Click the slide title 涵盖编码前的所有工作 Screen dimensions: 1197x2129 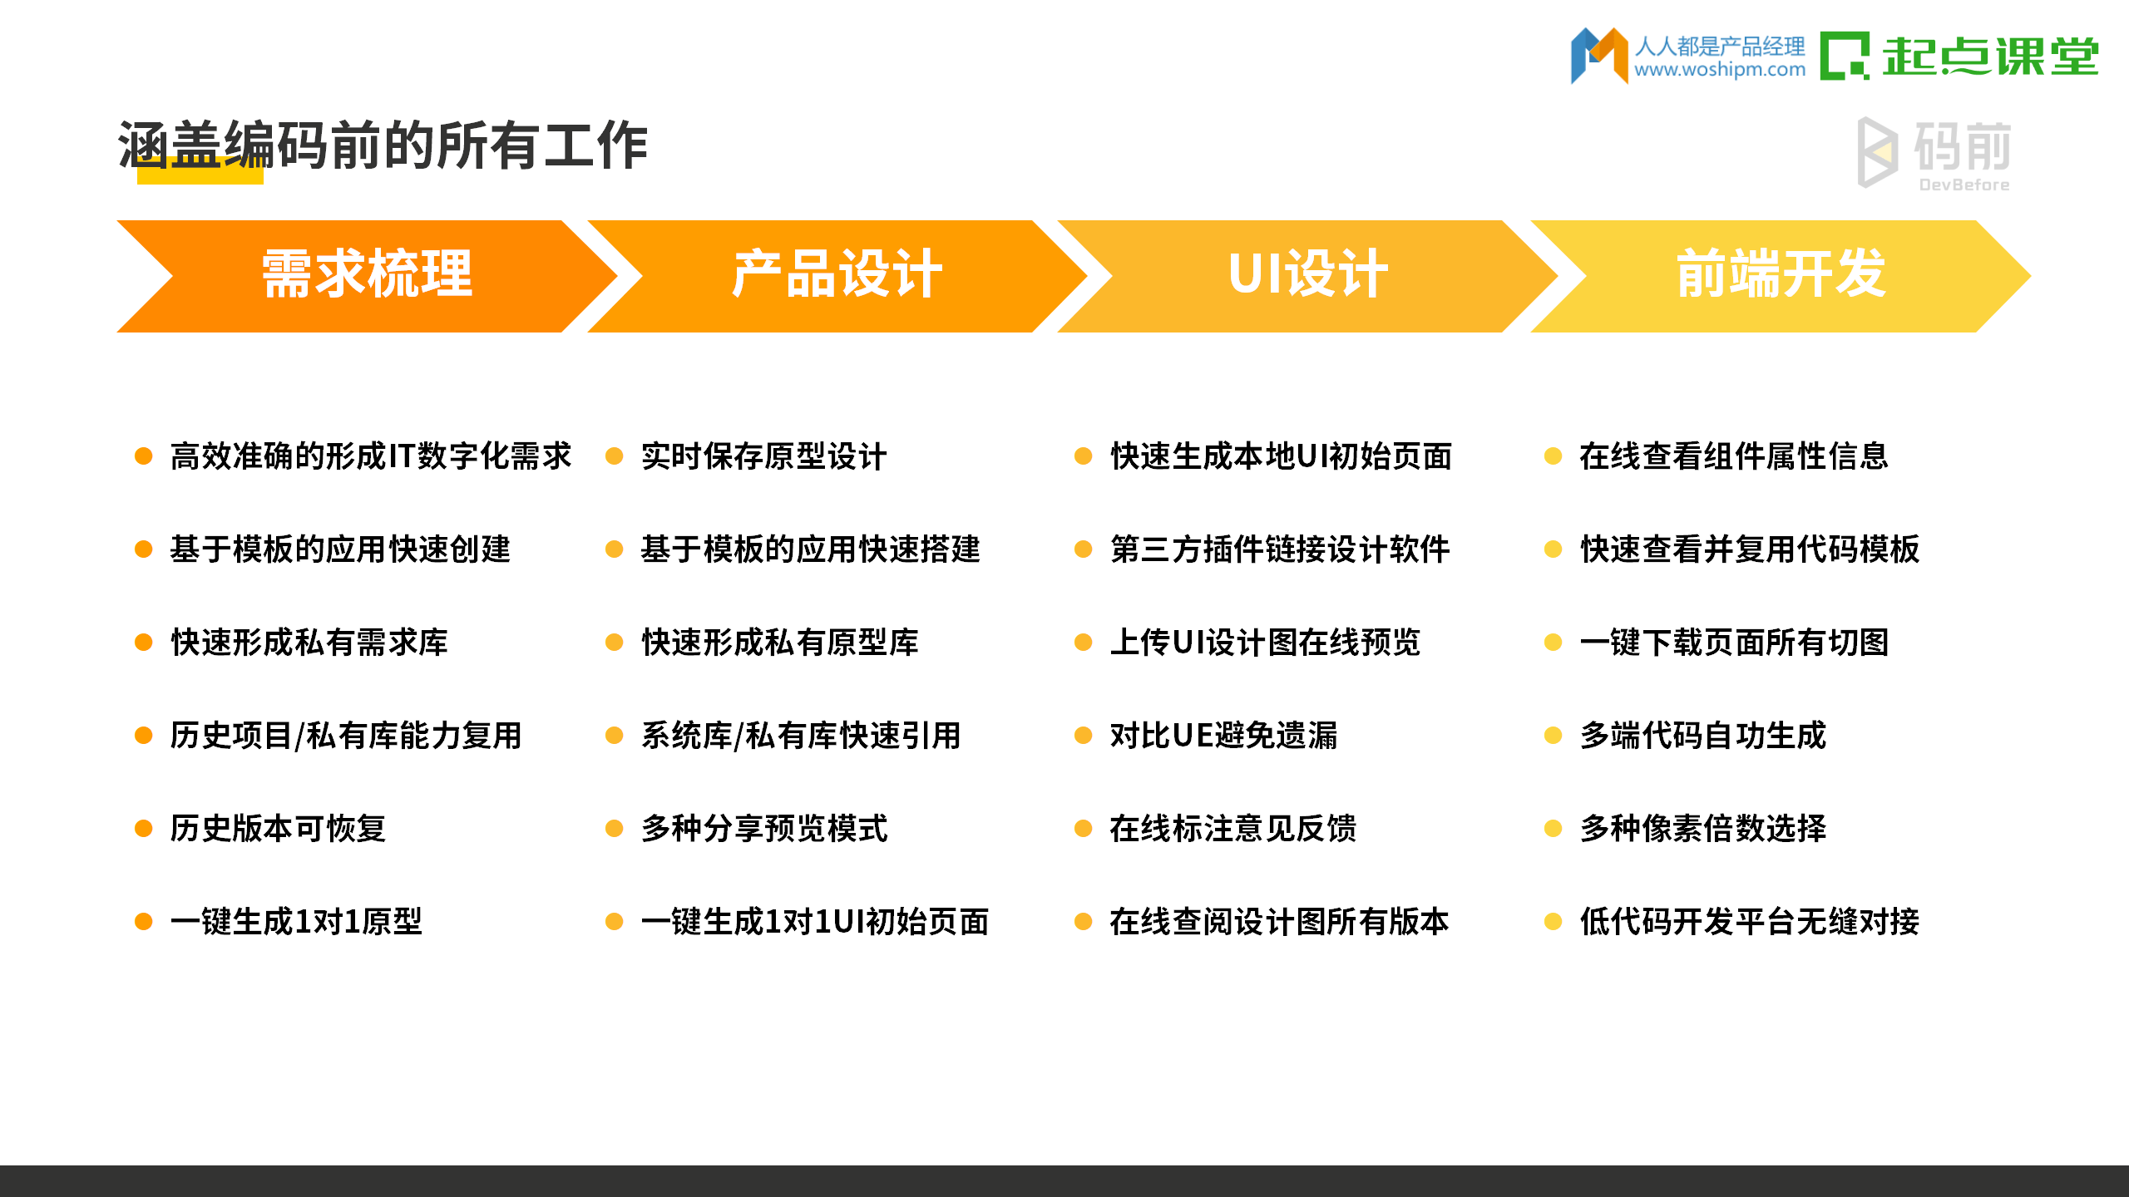[x=383, y=145]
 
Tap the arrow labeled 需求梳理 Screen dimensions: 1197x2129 [x=367, y=275]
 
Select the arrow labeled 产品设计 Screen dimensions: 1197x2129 [x=837, y=275]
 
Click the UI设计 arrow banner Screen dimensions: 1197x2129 [x=1307, y=275]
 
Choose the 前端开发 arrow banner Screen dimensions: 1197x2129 [x=1780, y=275]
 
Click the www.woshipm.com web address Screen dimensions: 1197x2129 [x=1720, y=70]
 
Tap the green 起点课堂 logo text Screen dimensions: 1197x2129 [x=1989, y=57]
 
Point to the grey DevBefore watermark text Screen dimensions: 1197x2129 [x=1964, y=185]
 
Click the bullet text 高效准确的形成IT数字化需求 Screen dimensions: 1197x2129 [x=371, y=456]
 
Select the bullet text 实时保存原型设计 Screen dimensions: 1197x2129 [x=763, y=456]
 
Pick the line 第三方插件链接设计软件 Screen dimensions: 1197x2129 [x=1280, y=549]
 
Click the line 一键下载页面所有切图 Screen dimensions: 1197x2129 [x=1734, y=643]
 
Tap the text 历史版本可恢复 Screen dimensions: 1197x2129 [x=279, y=829]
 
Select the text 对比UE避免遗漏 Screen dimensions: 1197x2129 [x=1223, y=736]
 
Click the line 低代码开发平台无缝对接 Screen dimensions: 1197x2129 [x=1750, y=922]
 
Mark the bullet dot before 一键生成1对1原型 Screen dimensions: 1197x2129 [x=144, y=922]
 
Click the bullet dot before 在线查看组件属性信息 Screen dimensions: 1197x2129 [x=1553, y=456]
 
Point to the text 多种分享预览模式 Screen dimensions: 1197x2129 [x=763, y=829]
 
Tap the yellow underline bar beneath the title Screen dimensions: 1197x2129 [x=200, y=176]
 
